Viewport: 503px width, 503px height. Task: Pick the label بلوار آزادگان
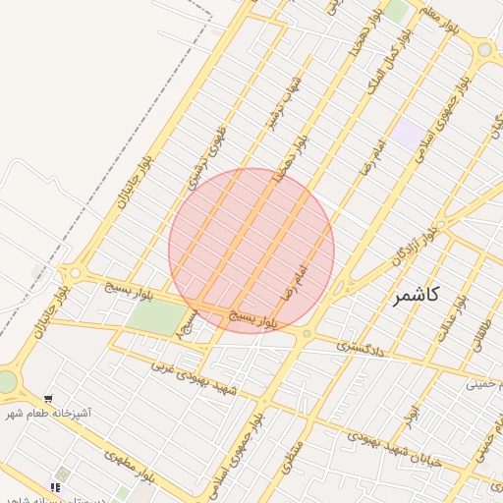coord(414,245)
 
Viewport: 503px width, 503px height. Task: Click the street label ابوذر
coord(414,417)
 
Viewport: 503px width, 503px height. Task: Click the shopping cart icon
coord(56,486)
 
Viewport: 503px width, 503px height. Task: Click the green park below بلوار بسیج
coord(154,315)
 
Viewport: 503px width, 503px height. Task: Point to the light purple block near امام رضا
coord(409,133)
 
